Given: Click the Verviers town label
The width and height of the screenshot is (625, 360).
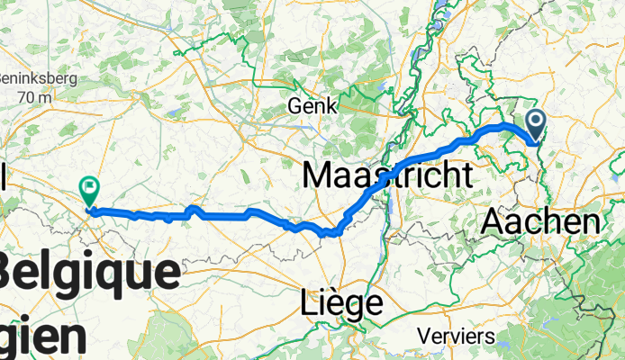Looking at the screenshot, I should [456, 337].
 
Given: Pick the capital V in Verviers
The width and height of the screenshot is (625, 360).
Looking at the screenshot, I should [423, 337].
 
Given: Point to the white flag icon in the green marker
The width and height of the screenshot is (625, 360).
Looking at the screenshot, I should [90, 186].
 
